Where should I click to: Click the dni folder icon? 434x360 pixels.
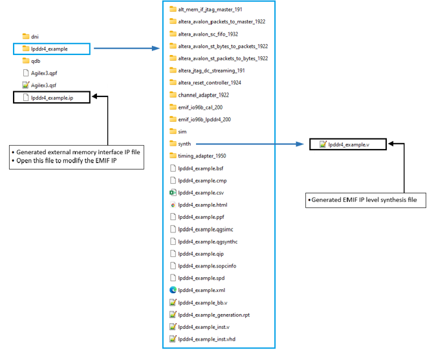(26, 36)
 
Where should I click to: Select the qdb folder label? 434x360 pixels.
(36, 61)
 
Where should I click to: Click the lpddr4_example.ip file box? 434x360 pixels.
(52, 98)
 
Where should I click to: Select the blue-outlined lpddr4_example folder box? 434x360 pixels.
(52, 49)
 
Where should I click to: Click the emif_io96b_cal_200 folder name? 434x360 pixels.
(201, 107)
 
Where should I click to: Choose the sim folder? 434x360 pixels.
(182, 131)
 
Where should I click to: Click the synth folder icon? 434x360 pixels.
(173, 144)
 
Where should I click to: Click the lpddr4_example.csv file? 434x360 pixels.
(201, 193)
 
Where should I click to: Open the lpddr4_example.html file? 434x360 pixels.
(202, 205)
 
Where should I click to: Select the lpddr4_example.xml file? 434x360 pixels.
(201, 290)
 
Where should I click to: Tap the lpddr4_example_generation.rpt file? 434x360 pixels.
(213, 315)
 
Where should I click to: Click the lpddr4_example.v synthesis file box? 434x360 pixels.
(348, 144)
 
